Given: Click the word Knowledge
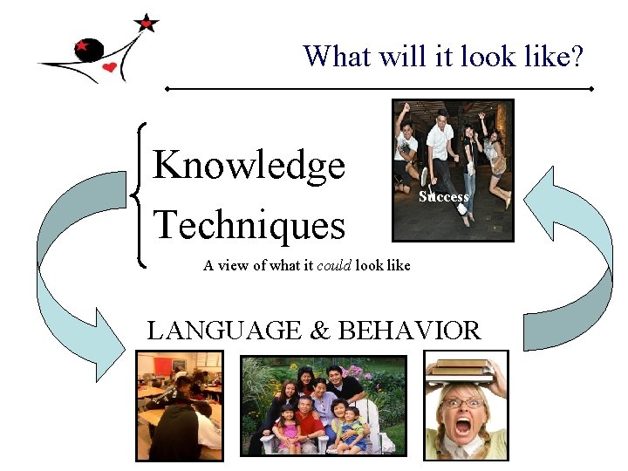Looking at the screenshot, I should pos(249,166).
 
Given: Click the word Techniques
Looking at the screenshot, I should pos(249,225).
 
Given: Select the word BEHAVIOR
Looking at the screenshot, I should pos(408,331).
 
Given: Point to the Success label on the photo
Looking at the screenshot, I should pos(443,197).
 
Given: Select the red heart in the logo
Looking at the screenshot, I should pos(109,67).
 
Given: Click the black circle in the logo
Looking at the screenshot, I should pos(89,50).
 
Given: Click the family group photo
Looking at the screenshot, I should pos(323,405).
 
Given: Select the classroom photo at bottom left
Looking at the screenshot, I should pos(179,405).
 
